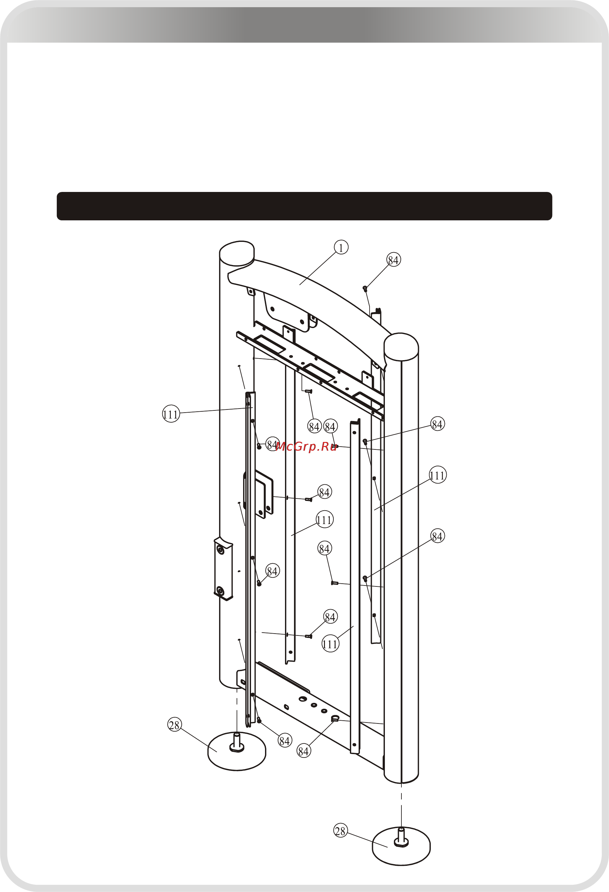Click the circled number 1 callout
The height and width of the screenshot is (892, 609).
pyautogui.click(x=341, y=248)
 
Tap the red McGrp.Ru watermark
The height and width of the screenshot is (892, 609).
pyautogui.click(x=306, y=446)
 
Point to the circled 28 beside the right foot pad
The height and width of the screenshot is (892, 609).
pyautogui.click(x=340, y=831)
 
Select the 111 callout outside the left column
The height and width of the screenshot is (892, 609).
pyautogui.click(x=171, y=414)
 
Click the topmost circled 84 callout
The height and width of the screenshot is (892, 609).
pyautogui.click(x=393, y=260)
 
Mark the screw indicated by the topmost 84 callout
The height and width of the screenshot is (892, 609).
pyautogui.click(x=365, y=288)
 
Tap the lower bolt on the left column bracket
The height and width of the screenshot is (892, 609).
pyautogui.click(x=220, y=590)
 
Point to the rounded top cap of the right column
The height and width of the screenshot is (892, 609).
pyautogui.click(x=401, y=346)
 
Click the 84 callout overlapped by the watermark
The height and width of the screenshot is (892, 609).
pyautogui.click(x=272, y=444)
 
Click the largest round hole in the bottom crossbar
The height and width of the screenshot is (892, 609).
pyautogui.click(x=302, y=699)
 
